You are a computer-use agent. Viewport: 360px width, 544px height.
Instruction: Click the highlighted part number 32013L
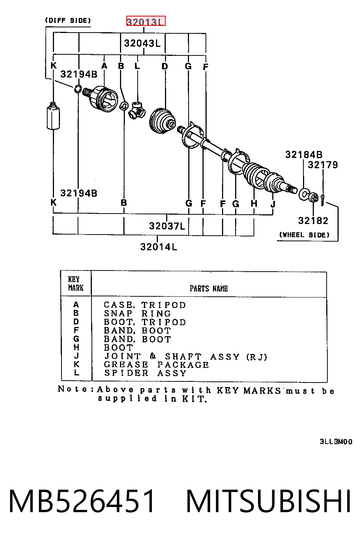click(x=145, y=21)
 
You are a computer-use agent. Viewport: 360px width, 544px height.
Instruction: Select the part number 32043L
click(x=142, y=43)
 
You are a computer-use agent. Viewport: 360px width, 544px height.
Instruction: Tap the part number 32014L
click(x=159, y=247)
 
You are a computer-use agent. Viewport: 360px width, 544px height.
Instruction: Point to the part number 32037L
click(x=167, y=226)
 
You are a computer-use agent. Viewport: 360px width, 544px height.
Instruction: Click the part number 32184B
click(x=304, y=154)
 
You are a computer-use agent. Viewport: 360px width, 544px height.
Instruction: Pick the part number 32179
click(x=323, y=165)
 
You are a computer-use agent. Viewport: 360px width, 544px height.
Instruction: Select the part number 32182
click(x=313, y=221)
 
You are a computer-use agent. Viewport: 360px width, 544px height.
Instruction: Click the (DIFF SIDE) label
click(x=68, y=20)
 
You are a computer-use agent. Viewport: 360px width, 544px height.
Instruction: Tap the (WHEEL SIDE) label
click(x=304, y=235)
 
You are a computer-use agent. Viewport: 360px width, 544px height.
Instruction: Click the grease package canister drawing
click(x=53, y=116)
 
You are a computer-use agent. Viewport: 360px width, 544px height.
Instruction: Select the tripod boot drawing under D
click(x=162, y=121)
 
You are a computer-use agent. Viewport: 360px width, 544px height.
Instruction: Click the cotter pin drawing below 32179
click(x=322, y=200)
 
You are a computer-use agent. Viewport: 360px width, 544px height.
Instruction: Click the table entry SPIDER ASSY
click(x=145, y=373)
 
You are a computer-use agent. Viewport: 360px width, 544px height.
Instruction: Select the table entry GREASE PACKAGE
click(x=156, y=365)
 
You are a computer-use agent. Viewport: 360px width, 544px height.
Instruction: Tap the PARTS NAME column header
click(x=209, y=288)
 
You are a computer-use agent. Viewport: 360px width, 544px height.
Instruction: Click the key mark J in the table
click(x=76, y=356)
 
